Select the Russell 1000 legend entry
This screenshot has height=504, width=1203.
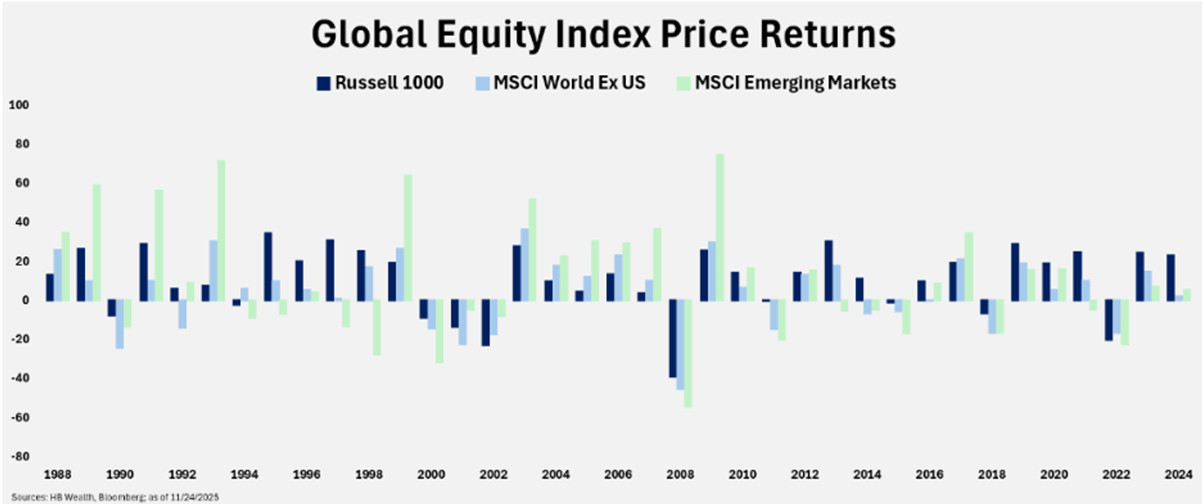coord(380,83)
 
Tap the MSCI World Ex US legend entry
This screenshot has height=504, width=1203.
coord(560,83)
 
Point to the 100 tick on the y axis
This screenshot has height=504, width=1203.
coord(19,105)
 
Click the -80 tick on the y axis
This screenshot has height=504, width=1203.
coord(19,457)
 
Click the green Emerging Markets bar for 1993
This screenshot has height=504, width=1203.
coord(221,230)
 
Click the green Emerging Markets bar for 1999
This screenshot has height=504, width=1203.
coord(408,237)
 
